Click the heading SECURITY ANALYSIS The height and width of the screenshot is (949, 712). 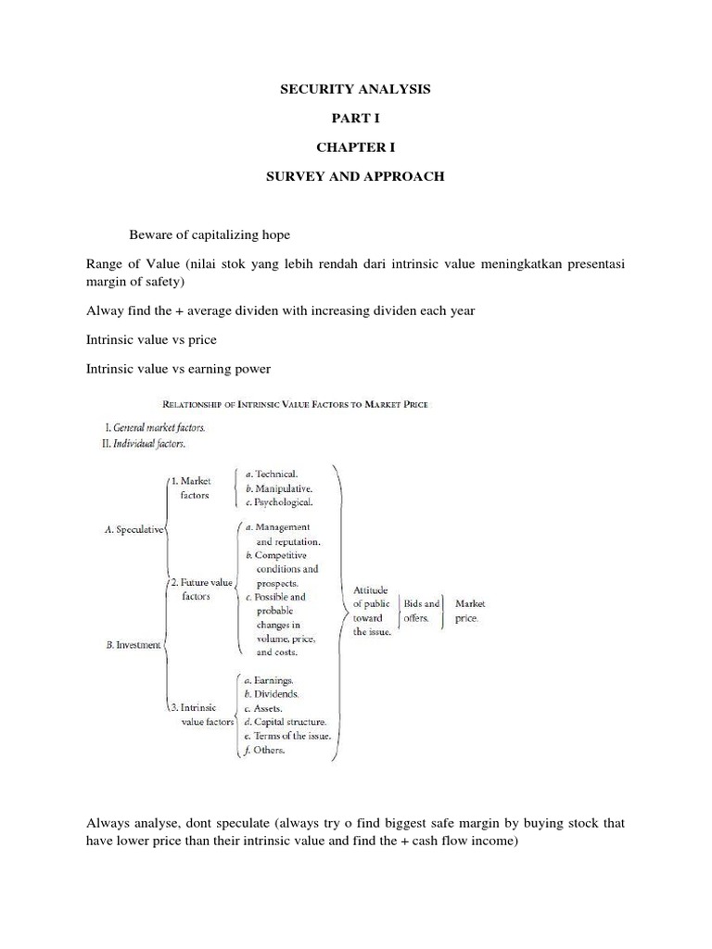coord(355,90)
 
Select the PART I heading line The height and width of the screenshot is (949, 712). coord(355,119)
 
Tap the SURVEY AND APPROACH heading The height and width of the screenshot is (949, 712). coord(355,176)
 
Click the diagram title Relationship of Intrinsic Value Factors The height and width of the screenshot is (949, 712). coord(295,403)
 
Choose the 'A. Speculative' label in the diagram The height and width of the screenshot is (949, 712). coord(134,529)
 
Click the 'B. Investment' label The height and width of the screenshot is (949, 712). coord(133,644)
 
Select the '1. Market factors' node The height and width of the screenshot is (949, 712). coord(194,487)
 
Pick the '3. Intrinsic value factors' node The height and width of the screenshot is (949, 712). coord(198,715)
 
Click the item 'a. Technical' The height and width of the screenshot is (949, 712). coord(276,474)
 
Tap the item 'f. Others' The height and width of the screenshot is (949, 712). coord(267,751)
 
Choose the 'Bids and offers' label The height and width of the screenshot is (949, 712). coord(420,611)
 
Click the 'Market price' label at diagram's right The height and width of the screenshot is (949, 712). coord(469,611)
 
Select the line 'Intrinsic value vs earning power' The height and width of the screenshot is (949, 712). coord(178,369)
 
